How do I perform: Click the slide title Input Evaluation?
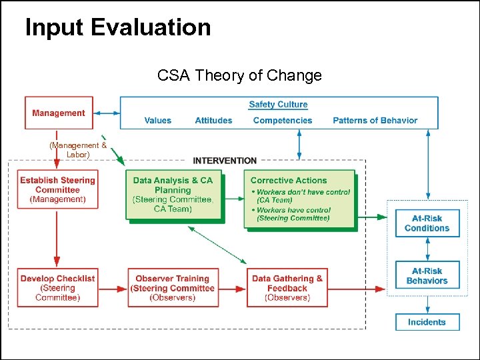pos(118,28)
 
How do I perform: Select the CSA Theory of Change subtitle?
pos(239,75)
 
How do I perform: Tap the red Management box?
pos(59,113)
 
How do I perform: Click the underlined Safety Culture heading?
pos(278,104)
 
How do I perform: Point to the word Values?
pos(157,121)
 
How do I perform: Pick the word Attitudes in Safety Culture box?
pos(213,121)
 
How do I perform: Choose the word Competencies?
pos(283,121)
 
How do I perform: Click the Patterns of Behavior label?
pos(375,121)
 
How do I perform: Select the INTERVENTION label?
pos(225,161)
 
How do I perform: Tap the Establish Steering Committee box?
pos(57,189)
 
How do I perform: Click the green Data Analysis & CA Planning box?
pos(173,194)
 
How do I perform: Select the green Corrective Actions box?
pos(299,199)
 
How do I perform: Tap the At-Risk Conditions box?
pos(427,223)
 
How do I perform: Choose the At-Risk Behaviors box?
pos(427,276)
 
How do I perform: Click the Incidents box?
pos(427,322)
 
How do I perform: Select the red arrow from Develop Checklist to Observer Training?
pos(112,289)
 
